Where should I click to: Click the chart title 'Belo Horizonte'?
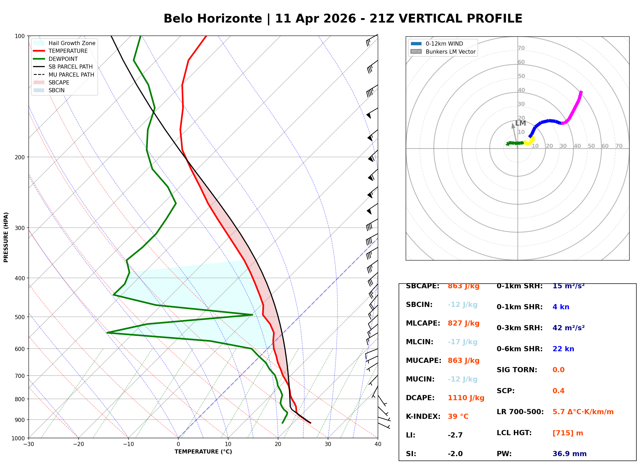click(213, 19)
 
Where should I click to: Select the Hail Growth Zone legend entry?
click(72, 43)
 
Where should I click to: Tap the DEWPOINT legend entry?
click(63, 59)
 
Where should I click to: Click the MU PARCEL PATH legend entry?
click(71, 75)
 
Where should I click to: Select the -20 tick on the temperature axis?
click(78, 444)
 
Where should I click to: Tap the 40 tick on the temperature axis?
click(378, 444)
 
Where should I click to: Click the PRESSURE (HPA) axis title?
click(6, 237)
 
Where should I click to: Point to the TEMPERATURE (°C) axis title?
click(203, 452)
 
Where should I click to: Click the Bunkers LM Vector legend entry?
click(450, 52)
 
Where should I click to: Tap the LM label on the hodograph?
click(520, 123)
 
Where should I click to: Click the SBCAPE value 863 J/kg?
click(464, 286)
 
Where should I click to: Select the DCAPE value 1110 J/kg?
click(466, 398)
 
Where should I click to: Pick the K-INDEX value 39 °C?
click(458, 416)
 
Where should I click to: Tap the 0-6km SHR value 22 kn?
click(563, 349)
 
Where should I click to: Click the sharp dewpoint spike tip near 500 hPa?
click(252, 315)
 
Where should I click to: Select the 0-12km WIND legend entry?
click(444, 44)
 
